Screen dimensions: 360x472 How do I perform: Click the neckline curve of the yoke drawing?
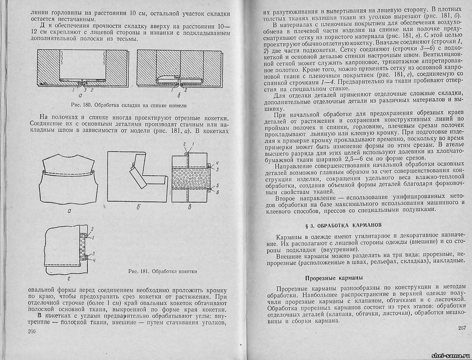(x=69, y=161)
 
